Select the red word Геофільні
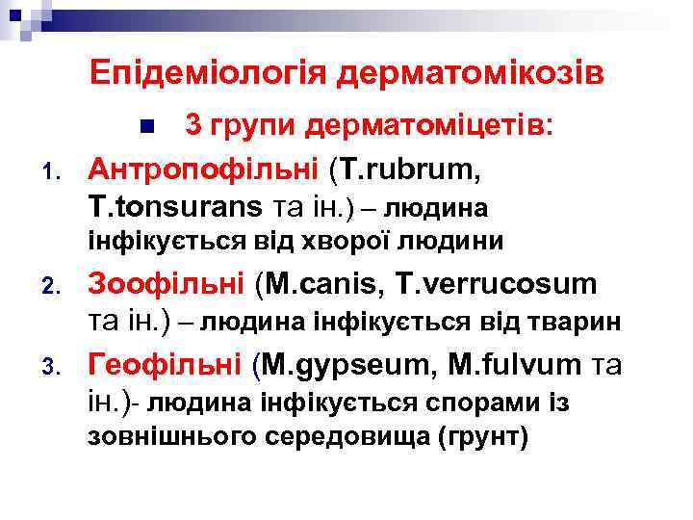tap(165, 365)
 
